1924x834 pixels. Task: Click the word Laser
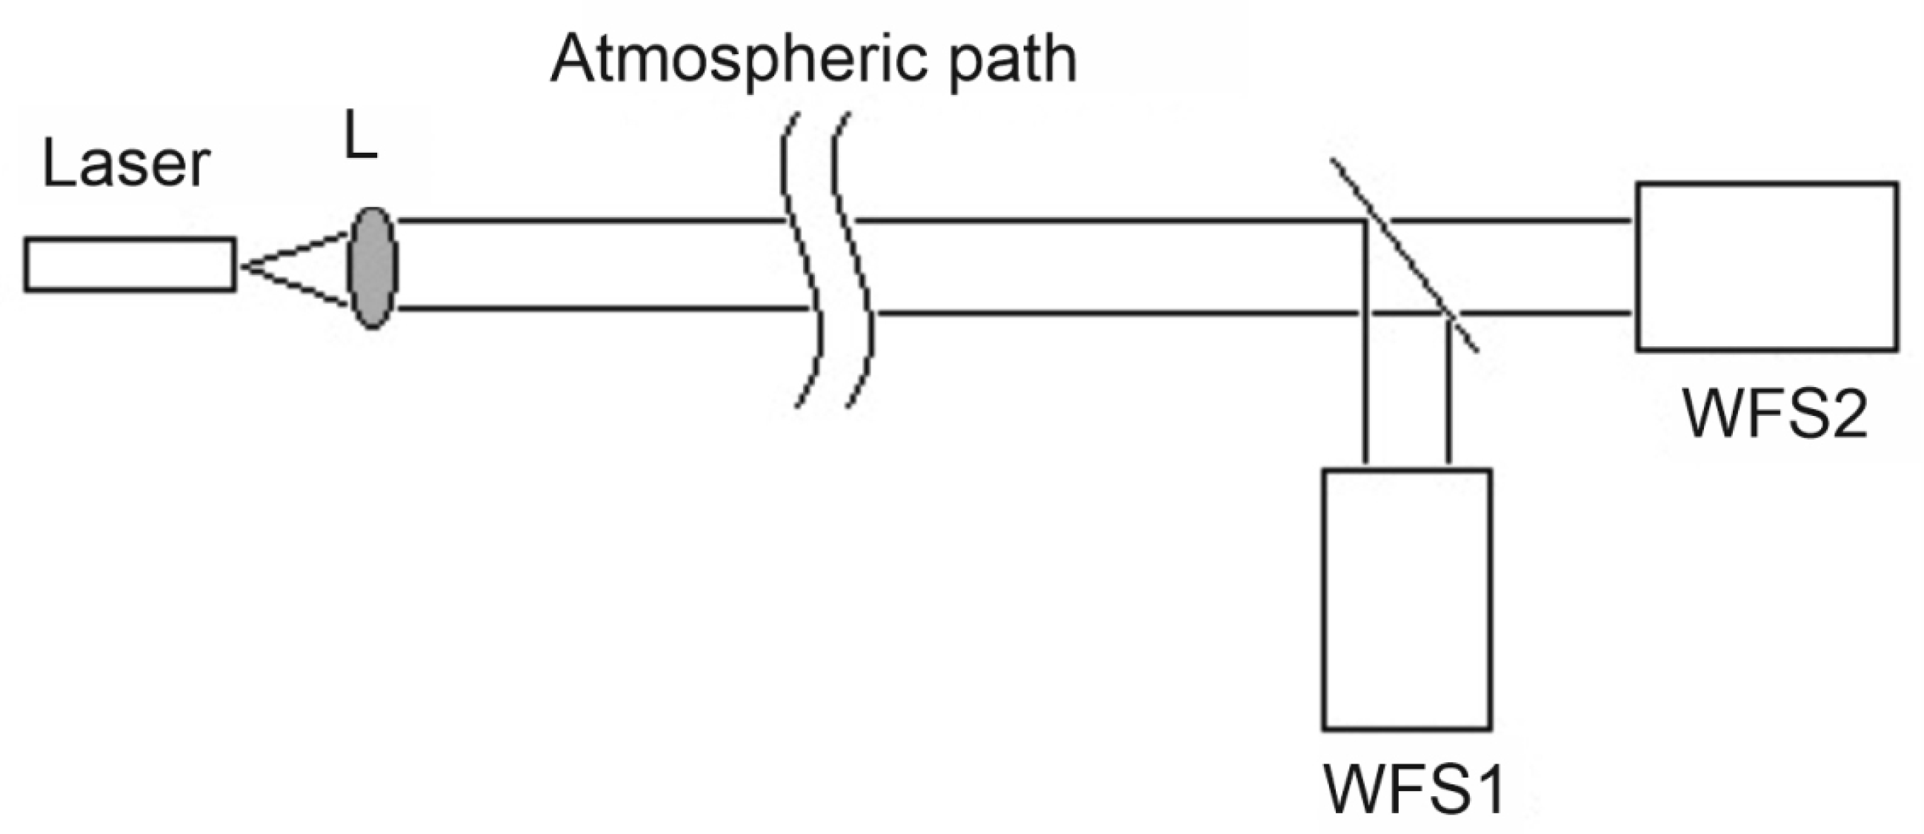coord(125,165)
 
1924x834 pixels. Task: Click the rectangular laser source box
coord(130,264)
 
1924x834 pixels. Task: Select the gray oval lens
coord(373,268)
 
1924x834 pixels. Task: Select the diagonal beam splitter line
coord(1404,254)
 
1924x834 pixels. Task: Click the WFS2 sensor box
coord(1766,266)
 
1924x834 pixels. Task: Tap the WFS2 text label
coord(1774,414)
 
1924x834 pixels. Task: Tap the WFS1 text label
coord(1414,789)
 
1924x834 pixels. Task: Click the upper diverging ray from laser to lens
coord(295,251)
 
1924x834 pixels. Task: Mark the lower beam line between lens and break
coord(598,308)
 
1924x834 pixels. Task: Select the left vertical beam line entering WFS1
coord(1365,388)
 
